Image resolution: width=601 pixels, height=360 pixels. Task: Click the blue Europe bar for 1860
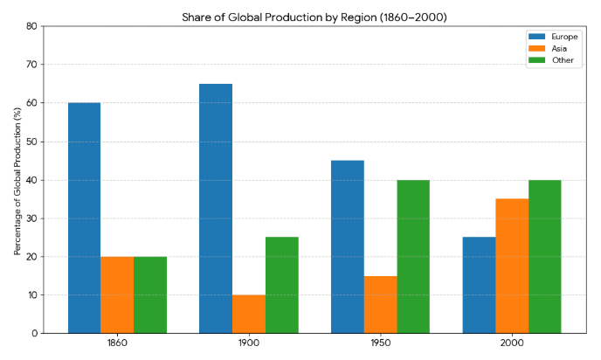click(x=84, y=218)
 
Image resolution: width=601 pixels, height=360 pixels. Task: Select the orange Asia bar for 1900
click(x=249, y=315)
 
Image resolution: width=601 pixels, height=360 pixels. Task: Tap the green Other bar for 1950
click(x=413, y=257)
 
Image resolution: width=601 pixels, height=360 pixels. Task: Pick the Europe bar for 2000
click(x=479, y=286)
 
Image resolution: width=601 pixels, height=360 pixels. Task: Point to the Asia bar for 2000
click(x=512, y=267)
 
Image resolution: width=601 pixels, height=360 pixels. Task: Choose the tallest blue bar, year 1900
click(x=216, y=209)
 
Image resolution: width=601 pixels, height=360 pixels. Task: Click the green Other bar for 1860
click(x=150, y=295)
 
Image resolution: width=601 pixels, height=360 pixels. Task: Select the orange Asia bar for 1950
click(x=380, y=305)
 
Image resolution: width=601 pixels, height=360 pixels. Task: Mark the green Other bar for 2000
click(x=545, y=257)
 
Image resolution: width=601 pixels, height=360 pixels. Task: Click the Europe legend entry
click(x=563, y=37)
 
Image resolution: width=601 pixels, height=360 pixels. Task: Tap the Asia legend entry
click(x=559, y=49)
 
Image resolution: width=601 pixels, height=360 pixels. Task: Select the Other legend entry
click(x=561, y=60)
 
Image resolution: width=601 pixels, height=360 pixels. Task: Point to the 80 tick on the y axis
click(x=31, y=26)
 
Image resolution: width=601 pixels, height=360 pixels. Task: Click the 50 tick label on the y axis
click(x=31, y=142)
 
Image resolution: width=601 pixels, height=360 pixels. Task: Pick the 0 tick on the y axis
click(x=34, y=334)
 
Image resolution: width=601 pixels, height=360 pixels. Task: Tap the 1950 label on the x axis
click(x=380, y=344)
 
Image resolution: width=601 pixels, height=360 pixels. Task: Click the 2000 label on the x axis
click(x=512, y=344)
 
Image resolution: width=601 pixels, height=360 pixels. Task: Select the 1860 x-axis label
click(x=117, y=344)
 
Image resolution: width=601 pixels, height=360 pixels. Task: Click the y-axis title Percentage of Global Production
click(x=17, y=180)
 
